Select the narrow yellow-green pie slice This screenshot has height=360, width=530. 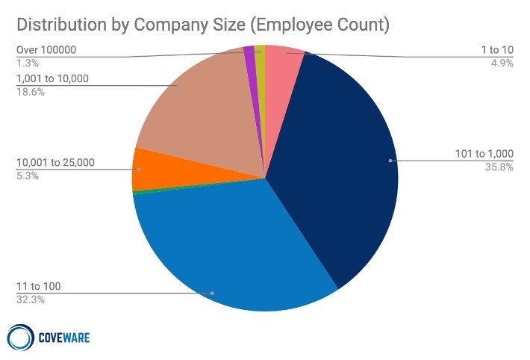click(x=261, y=52)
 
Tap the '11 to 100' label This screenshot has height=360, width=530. click(x=38, y=287)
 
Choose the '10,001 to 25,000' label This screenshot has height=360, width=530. click(x=55, y=163)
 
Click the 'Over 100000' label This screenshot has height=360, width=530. click(x=46, y=50)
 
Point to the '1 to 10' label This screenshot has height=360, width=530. click(x=496, y=51)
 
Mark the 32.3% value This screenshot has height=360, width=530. click(x=28, y=300)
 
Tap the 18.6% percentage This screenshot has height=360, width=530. click(x=28, y=92)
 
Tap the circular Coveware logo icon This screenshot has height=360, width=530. click(x=19, y=336)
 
